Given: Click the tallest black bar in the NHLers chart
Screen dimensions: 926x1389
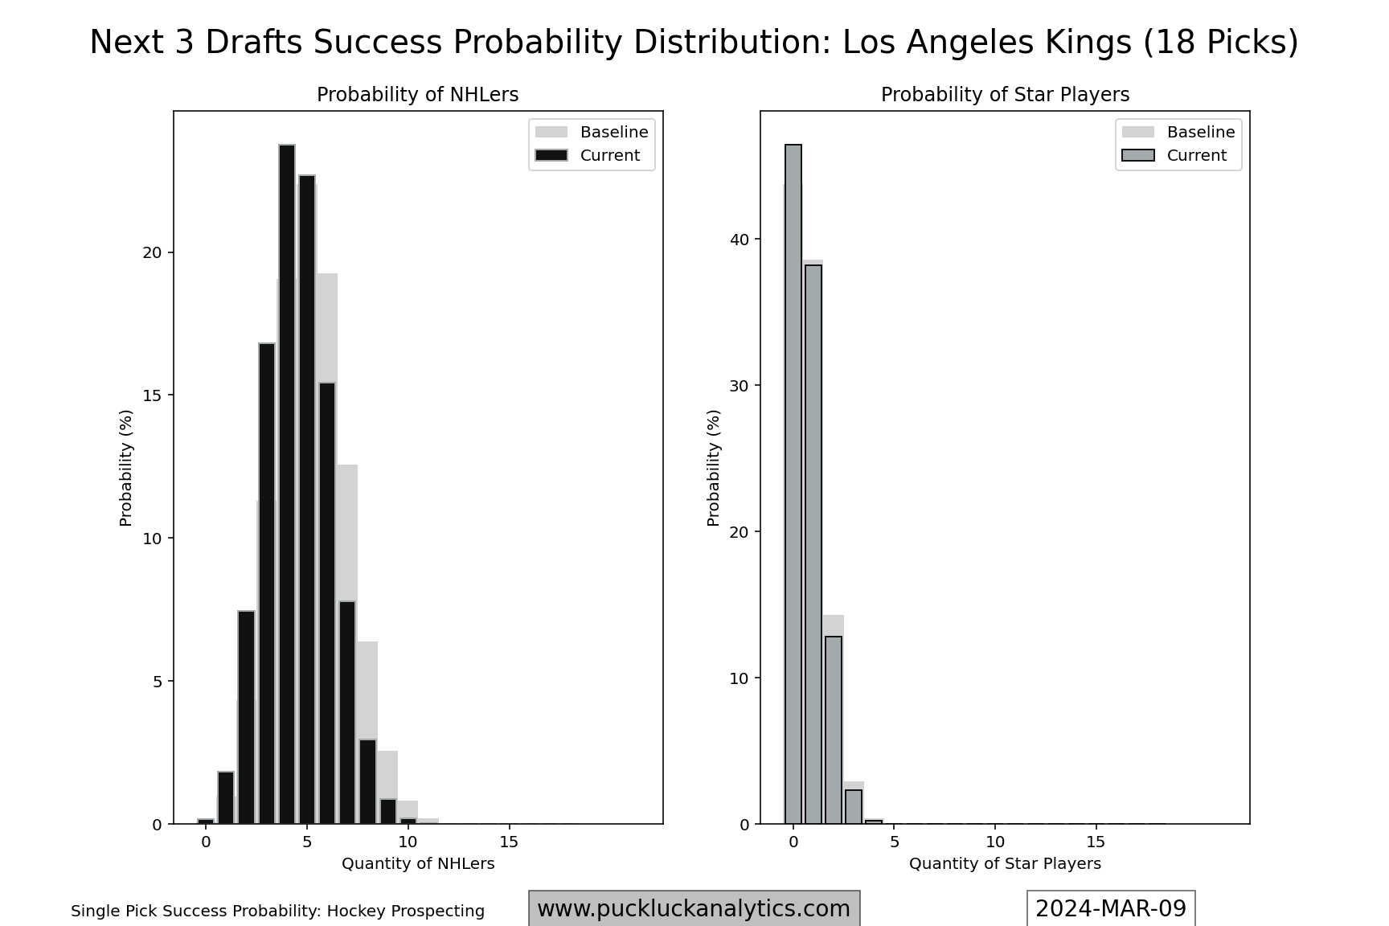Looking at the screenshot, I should click(x=287, y=482).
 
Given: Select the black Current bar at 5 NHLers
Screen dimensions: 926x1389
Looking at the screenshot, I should click(x=307, y=498).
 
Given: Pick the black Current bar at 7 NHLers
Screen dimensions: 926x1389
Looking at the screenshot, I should click(x=347, y=712).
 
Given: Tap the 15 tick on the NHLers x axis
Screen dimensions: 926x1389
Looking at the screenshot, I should click(x=509, y=842).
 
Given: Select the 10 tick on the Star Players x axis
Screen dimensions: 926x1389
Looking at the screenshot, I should click(x=995, y=842).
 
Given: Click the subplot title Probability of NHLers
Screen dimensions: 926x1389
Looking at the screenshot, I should click(x=418, y=95).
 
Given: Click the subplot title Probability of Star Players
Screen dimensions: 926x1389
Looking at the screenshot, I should click(x=1005, y=95).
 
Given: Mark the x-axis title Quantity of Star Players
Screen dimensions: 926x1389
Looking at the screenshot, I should click(x=1005, y=863).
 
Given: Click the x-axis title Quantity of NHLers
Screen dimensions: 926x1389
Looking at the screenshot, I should click(x=418, y=863).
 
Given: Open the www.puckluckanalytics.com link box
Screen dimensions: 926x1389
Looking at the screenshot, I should click(x=694, y=908).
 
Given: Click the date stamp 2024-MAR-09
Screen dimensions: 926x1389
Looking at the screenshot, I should click(x=1111, y=908).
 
